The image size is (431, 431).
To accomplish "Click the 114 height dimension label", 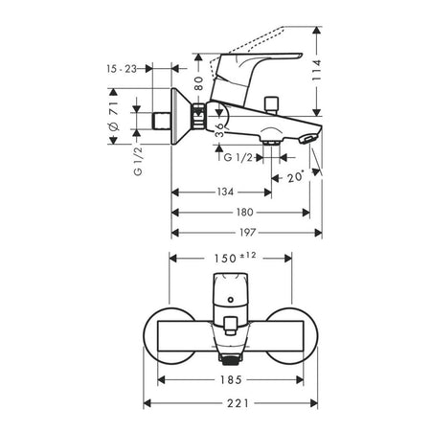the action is click(x=316, y=70).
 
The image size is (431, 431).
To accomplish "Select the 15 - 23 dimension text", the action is click(x=122, y=69).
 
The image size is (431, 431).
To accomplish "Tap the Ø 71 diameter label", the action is click(x=114, y=116).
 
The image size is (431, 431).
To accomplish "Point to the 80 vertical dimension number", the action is click(x=198, y=83).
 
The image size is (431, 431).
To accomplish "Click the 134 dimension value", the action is click(x=225, y=192).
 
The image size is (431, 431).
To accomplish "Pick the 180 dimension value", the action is click(x=245, y=213).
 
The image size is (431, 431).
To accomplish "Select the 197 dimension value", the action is click(x=248, y=233).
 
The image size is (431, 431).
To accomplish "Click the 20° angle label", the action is click(x=295, y=177).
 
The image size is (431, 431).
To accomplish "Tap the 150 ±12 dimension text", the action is click(x=235, y=258).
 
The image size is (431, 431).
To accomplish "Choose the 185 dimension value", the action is click(x=231, y=380).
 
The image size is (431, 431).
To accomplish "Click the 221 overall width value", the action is click(x=238, y=403).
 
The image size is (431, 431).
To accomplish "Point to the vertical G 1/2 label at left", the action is click(x=138, y=162).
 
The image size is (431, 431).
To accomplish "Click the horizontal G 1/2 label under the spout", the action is click(x=238, y=157).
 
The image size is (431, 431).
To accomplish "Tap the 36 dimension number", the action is click(x=220, y=130).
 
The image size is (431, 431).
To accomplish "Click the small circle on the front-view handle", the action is click(x=230, y=300).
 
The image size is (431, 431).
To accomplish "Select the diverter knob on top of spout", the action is click(x=271, y=103).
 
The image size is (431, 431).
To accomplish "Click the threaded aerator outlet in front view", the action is click(x=230, y=358).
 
